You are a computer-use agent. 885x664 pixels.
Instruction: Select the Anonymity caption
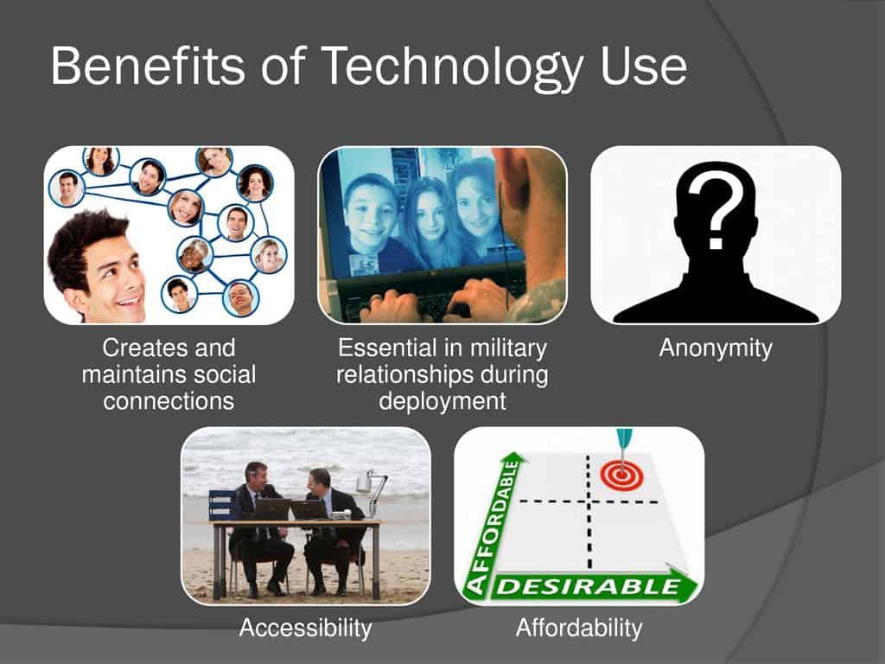[x=715, y=348]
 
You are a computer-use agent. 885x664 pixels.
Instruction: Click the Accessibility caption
[x=305, y=628]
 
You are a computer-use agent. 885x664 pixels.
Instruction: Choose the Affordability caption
[x=579, y=628]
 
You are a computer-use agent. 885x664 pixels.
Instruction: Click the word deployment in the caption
[x=442, y=401]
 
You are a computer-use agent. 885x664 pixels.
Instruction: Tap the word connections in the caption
[x=169, y=401]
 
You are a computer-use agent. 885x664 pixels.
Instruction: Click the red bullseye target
[x=619, y=475]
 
